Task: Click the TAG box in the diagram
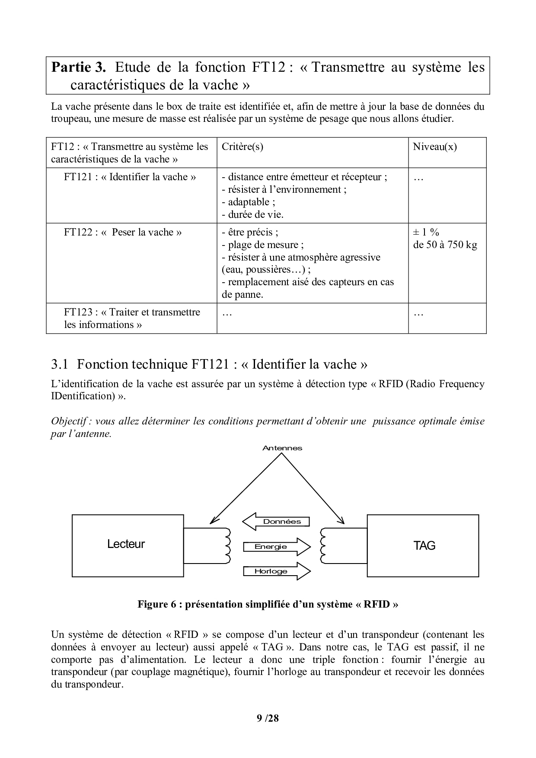[x=423, y=545]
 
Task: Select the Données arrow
[x=276, y=522]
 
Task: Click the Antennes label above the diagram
[x=282, y=448]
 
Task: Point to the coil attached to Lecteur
[x=226, y=545]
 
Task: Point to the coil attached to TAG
[x=323, y=545]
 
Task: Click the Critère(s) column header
[x=242, y=147]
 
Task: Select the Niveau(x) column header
[x=434, y=147]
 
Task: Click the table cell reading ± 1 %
[x=426, y=232]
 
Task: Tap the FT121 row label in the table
[x=130, y=177]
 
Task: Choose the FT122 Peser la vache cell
[x=123, y=232]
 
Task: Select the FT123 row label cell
[x=132, y=318]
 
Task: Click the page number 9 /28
[x=268, y=718]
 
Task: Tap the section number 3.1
[x=60, y=364]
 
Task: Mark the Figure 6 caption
[x=268, y=604]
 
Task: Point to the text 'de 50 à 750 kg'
[x=445, y=245]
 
